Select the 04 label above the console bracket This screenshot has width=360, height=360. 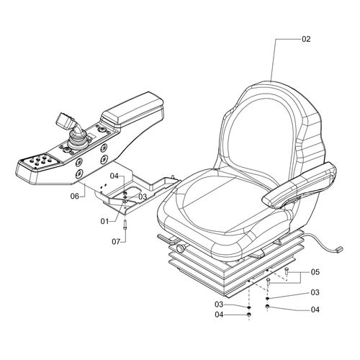point(113,176)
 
